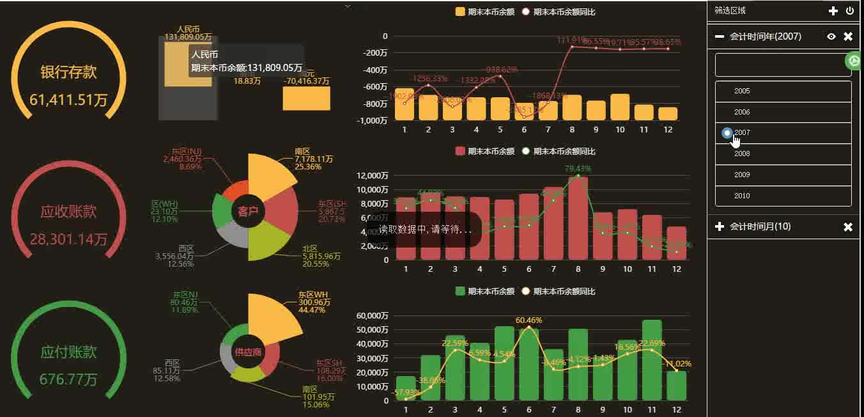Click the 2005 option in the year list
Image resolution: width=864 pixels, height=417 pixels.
(742, 91)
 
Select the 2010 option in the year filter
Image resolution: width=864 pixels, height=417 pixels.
(742, 196)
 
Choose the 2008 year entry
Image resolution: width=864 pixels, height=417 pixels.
(742, 153)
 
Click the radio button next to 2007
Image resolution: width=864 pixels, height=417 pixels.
(727, 133)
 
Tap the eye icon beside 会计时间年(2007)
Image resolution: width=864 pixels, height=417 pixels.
(831, 36)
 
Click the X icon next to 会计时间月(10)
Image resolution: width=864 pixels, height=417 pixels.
(848, 227)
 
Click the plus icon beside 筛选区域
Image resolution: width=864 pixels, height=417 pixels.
(833, 11)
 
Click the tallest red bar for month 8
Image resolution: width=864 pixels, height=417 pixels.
(578, 217)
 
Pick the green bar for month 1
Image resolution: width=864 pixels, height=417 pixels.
(406, 388)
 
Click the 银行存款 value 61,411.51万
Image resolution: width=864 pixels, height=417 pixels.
(68, 100)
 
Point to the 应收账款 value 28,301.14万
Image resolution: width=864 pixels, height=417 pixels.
(68, 240)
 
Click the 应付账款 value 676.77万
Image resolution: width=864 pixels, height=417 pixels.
(68, 379)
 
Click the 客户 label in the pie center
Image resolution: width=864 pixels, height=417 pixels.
(248, 211)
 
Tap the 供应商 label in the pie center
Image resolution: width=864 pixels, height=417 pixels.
(248, 352)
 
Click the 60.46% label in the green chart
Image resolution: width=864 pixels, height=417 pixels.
(528, 320)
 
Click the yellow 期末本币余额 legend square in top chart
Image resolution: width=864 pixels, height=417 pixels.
(460, 12)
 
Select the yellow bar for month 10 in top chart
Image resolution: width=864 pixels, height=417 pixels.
(620, 107)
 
